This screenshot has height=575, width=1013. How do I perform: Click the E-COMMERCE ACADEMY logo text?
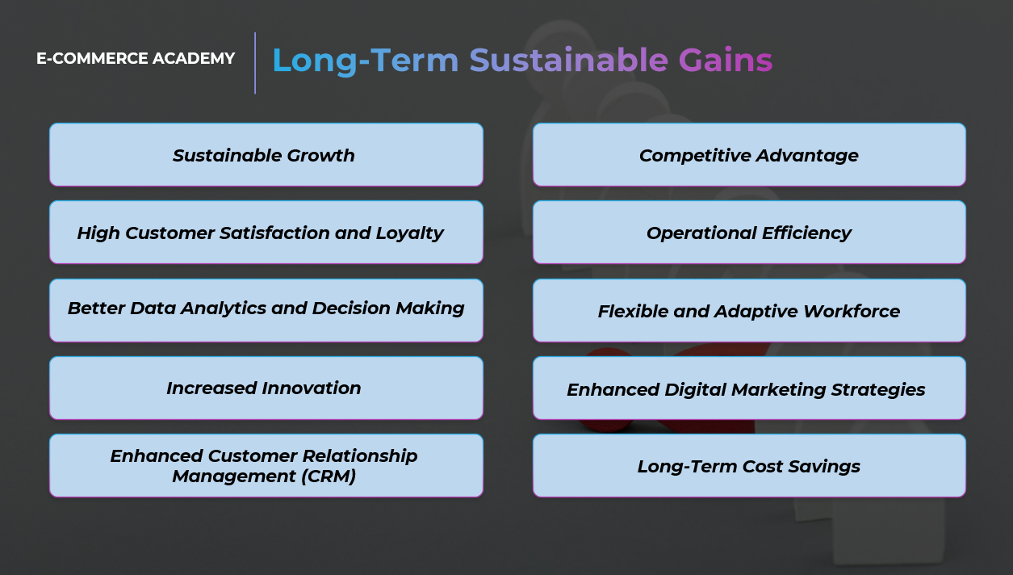[x=136, y=58]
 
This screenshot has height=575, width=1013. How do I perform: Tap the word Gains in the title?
[x=726, y=60]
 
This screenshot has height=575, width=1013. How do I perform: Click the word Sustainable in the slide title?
[x=568, y=60]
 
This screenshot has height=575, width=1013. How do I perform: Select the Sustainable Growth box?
[x=266, y=155]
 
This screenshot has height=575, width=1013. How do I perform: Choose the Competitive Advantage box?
[x=749, y=155]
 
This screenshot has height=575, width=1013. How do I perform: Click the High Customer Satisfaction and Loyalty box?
[x=266, y=233]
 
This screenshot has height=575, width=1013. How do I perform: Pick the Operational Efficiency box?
[x=749, y=233]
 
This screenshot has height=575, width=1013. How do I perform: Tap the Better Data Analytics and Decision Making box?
[x=266, y=310]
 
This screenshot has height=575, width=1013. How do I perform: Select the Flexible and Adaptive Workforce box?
[x=749, y=310]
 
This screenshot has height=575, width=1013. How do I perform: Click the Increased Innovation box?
[x=266, y=388]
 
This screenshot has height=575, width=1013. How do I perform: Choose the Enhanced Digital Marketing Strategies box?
[x=749, y=388]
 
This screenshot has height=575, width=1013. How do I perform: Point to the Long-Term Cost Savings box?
[x=749, y=466]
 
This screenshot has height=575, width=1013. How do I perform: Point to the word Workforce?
[x=852, y=311]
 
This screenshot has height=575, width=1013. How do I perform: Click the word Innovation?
[x=312, y=388]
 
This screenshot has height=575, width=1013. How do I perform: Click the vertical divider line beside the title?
[x=255, y=63]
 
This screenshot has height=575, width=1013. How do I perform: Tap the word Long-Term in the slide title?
[x=366, y=61]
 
